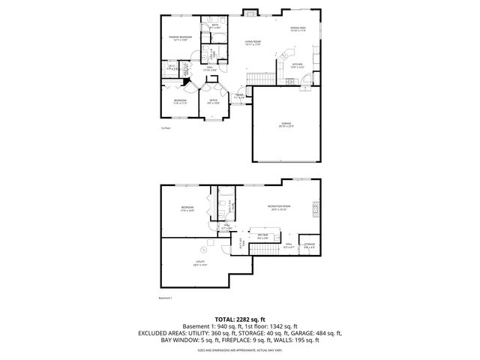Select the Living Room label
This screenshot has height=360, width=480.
pyautogui.click(x=258, y=43)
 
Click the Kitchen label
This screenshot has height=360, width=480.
pyautogui.click(x=297, y=65)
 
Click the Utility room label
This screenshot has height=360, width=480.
pyautogui.click(x=200, y=262)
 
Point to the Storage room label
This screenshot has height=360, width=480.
pyautogui.click(x=309, y=245)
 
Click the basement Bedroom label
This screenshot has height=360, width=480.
pyautogui.click(x=187, y=208)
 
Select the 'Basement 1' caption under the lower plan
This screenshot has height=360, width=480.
pyautogui.click(x=166, y=298)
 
